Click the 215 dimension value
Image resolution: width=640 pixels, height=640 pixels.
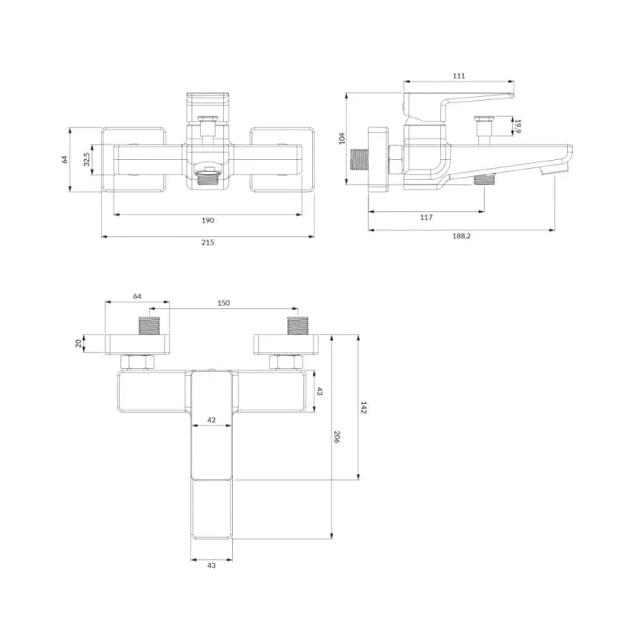coord(208,242)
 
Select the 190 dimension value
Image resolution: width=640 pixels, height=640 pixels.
coord(208,221)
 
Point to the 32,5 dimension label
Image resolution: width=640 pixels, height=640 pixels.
coord(86,159)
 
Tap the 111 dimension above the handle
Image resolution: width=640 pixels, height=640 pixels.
coord(458,76)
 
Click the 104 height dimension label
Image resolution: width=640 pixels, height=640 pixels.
coord(342,138)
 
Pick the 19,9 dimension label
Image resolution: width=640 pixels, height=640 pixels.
coord(518,126)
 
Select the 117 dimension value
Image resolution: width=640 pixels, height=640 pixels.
coord(426,218)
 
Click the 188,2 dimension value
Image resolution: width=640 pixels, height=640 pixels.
coord(462,236)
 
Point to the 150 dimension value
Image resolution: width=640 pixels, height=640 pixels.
coord(224,303)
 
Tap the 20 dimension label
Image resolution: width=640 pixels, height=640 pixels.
coord(78,343)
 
